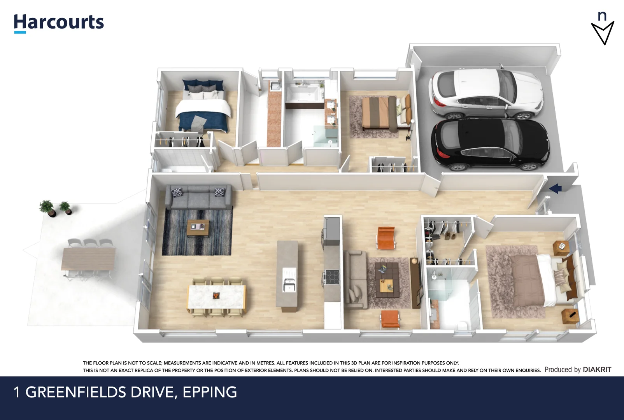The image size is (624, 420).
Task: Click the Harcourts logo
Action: click(59, 23)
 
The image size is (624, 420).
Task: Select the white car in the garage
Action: click(486, 94)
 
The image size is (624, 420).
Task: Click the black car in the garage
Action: click(490, 145)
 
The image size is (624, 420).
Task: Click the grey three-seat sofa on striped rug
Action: click(198, 197)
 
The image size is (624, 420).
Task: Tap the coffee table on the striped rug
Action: click(198, 228)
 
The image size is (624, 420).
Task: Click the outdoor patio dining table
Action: click(88, 259)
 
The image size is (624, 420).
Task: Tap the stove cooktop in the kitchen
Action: click(332, 277)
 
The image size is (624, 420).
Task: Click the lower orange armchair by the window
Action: click(390, 318)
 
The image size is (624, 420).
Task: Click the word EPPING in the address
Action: click(210, 392)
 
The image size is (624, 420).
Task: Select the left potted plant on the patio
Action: click(47, 208)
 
